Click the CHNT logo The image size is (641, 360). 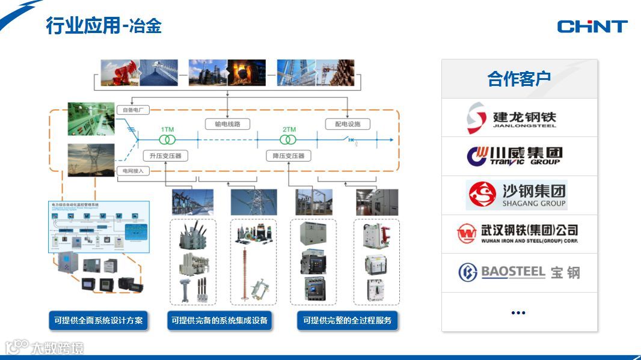(592, 26)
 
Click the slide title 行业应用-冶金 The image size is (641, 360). (103, 26)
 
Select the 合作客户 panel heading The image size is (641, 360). (519, 79)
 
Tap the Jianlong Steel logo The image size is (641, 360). (512, 118)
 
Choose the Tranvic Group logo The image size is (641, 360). (515, 156)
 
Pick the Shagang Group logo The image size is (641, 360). (517, 195)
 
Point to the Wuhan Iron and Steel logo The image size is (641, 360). (517, 233)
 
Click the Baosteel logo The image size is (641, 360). (519, 272)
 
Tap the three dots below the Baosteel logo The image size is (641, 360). (518, 313)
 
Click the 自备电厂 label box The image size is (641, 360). (135, 110)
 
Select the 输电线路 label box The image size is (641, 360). (227, 124)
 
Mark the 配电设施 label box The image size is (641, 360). (348, 124)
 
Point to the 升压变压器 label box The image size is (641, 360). (166, 156)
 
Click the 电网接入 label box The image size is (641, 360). (133, 171)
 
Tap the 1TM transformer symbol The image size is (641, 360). (167, 139)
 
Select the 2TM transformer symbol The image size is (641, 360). (289, 139)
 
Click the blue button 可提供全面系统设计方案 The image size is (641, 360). (99, 320)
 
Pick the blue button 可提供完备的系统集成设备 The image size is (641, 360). (219, 320)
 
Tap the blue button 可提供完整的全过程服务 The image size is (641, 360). (347, 320)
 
